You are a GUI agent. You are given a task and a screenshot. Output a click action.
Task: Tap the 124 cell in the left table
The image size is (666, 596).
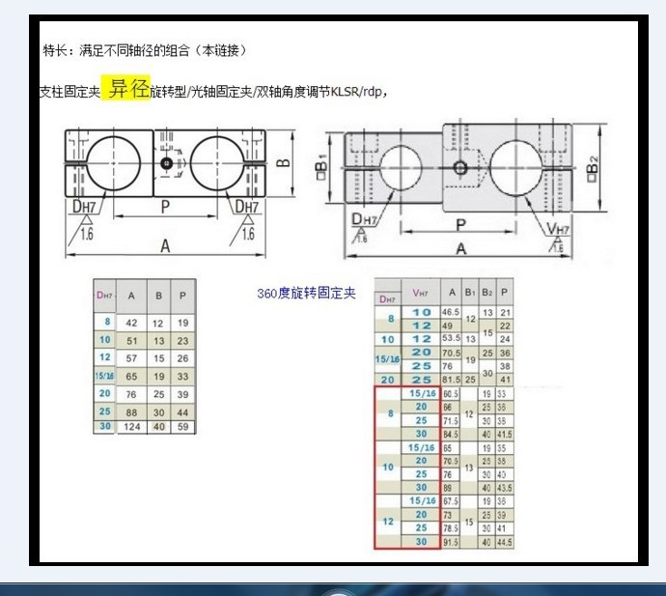click(x=132, y=427)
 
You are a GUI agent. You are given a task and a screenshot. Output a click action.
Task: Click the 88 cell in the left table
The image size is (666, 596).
click(x=132, y=412)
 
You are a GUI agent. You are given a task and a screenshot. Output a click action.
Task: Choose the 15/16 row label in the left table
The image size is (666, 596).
click(x=102, y=376)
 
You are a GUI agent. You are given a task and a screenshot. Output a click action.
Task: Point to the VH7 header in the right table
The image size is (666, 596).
click(x=420, y=293)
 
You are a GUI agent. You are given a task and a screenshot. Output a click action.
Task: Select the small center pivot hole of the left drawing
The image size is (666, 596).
click(x=167, y=164)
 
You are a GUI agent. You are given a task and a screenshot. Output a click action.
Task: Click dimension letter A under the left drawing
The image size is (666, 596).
click(x=164, y=247)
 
